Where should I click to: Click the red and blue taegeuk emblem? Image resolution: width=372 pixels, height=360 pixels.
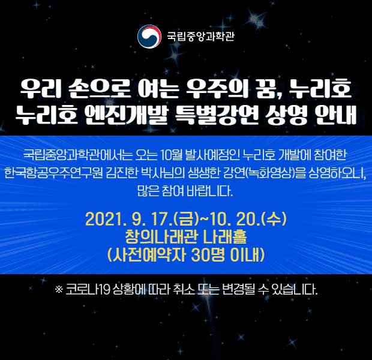(x=149, y=37)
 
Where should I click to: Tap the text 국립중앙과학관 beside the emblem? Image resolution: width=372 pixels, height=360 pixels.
(x=201, y=37)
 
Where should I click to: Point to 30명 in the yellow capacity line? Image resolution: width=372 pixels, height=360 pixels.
(x=208, y=255)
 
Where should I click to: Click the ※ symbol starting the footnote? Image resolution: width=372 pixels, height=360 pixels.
(x=59, y=290)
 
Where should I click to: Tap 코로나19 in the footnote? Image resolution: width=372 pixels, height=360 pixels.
(x=88, y=290)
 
